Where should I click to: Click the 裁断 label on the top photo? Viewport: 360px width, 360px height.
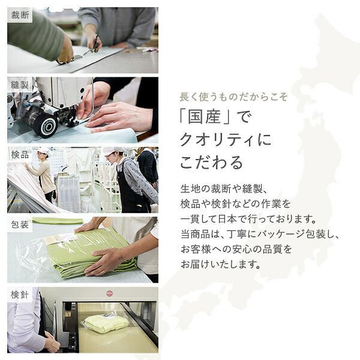[20, 15]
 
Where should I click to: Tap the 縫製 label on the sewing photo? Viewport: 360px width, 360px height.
[20, 85]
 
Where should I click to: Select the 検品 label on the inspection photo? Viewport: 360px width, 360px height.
[20, 155]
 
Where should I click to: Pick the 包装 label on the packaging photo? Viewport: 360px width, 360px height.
[20, 225]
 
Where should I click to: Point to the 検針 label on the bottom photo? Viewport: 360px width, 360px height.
[20, 295]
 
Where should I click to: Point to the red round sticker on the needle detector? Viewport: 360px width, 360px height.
[109, 293]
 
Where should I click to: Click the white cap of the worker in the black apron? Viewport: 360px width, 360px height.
[109, 151]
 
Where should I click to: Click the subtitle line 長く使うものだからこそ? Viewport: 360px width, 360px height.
[234, 97]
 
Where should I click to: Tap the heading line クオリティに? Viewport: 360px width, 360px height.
[226, 140]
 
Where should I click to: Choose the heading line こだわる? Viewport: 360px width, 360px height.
[212, 162]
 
